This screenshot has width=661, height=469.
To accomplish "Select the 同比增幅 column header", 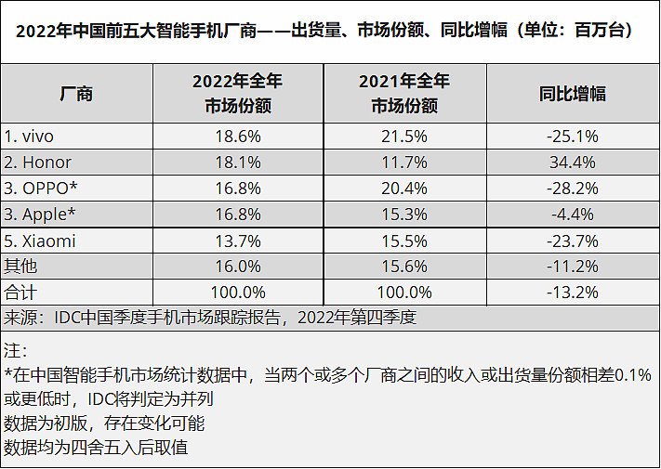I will (572, 94).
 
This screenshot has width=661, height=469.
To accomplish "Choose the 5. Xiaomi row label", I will (40, 241).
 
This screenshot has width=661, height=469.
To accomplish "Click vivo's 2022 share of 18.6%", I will (237, 137).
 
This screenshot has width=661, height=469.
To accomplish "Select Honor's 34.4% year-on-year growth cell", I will (572, 163).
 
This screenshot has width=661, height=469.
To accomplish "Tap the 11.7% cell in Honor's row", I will (403, 163).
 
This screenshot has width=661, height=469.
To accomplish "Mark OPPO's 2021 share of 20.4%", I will (403, 189).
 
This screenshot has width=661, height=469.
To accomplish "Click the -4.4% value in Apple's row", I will (572, 215).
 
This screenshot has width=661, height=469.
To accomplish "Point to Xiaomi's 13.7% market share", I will (237, 241).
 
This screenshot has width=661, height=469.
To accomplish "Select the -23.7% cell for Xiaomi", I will (572, 241).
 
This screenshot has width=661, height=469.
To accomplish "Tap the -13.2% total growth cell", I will (572, 293).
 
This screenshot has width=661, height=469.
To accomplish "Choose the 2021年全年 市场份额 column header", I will (403, 94).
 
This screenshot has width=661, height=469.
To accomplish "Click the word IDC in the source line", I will (68, 318).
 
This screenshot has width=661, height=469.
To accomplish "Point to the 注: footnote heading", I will (16, 353).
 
